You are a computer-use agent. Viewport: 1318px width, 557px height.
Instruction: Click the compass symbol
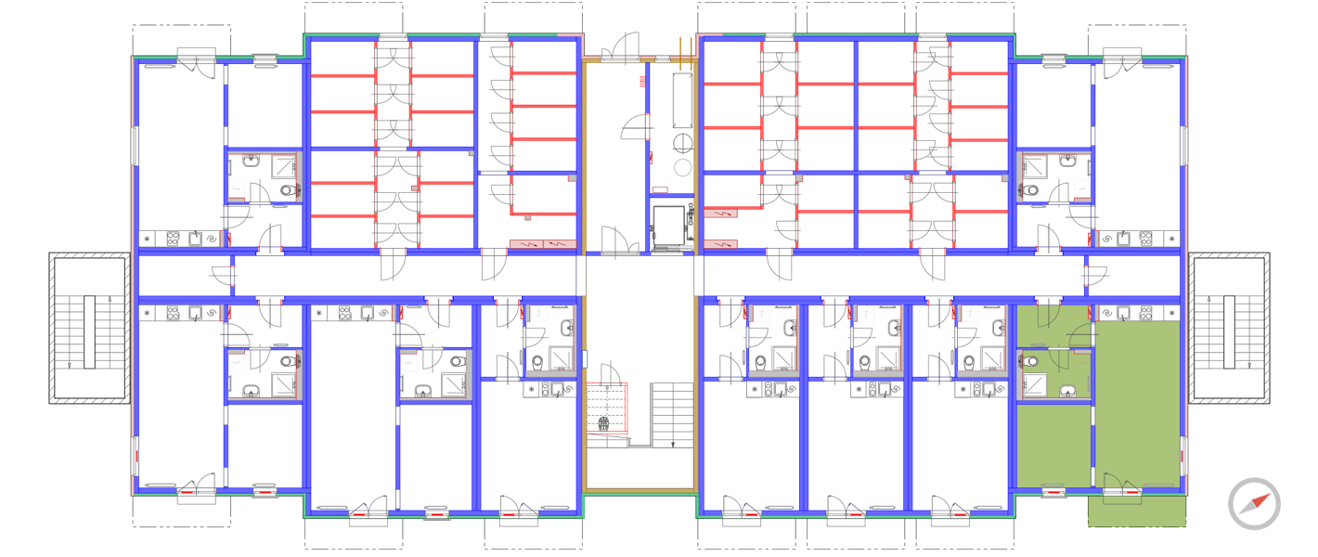point(1254,504)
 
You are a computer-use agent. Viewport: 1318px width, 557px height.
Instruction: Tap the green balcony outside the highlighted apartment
point(1137,511)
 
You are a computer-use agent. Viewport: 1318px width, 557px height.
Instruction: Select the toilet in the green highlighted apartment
point(1028,359)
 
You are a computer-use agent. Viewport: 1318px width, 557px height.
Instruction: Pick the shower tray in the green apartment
point(1034,385)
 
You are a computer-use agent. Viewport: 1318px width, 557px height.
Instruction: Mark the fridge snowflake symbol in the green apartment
point(1172,314)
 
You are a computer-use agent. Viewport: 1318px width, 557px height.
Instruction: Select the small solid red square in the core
point(642,81)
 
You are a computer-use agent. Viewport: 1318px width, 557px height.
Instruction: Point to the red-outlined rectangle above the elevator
point(660,189)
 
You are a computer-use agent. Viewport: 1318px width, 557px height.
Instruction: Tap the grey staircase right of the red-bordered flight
point(671,414)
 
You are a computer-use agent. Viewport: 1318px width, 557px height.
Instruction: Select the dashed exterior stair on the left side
point(89,328)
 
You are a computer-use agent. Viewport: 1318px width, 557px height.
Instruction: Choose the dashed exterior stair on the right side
point(1229,328)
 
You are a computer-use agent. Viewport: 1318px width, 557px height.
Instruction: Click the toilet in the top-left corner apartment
point(288,191)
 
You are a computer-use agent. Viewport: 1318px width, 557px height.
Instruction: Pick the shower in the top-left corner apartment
point(283,167)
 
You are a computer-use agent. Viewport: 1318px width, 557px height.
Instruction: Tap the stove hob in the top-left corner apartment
point(174,239)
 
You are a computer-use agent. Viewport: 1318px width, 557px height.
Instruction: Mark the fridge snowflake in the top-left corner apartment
point(148,239)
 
